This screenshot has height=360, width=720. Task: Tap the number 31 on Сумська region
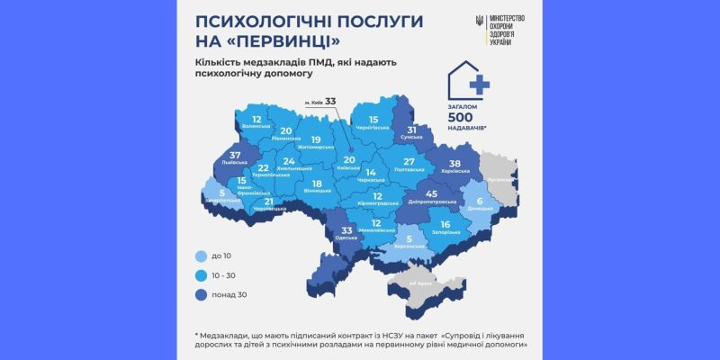[412, 130]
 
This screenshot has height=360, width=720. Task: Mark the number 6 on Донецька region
[480, 200]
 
